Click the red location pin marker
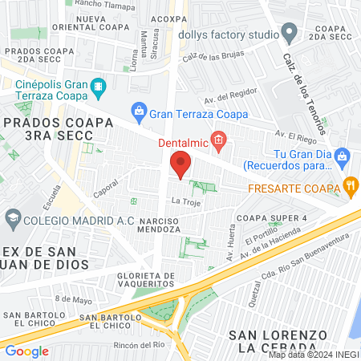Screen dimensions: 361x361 coord(180,163)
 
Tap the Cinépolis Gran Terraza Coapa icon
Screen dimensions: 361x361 coord(99,85)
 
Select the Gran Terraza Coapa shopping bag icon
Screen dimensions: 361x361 coord(138,110)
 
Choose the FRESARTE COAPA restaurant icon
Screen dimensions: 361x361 coord(351,188)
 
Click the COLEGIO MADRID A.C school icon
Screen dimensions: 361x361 coord(13,217)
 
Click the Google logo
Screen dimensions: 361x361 coord(26,351)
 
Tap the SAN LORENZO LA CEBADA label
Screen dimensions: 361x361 coord(278,340)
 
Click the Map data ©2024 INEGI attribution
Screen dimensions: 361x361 coord(313,355)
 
